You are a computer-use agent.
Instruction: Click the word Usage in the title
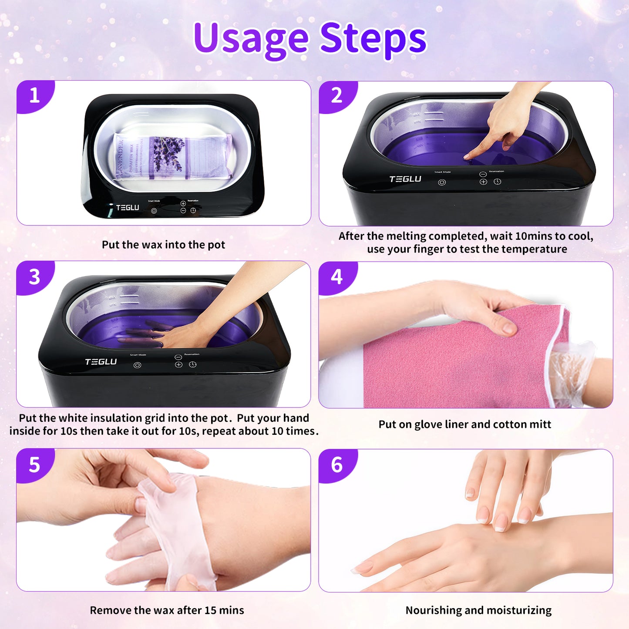(x=251, y=38)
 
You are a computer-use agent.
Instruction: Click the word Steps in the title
(x=373, y=38)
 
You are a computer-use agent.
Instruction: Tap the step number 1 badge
(x=34, y=95)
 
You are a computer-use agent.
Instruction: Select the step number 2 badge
(x=336, y=96)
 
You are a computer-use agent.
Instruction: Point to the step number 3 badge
(x=34, y=277)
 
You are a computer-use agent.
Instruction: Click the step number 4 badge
(x=336, y=277)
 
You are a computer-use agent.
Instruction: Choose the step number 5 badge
(x=34, y=465)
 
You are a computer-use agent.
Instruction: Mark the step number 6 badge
(x=336, y=465)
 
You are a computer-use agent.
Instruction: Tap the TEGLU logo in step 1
(x=127, y=208)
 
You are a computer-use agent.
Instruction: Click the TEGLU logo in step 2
(x=405, y=179)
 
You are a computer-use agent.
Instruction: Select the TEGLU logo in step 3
(x=101, y=362)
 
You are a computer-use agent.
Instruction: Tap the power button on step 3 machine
(x=138, y=365)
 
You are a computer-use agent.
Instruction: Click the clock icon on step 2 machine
(x=498, y=182)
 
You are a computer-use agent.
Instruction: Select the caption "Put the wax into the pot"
(x=163, y=245)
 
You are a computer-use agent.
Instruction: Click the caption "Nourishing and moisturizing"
(x=478, y=610)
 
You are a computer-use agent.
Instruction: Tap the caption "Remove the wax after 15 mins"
(x=167, y=610)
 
